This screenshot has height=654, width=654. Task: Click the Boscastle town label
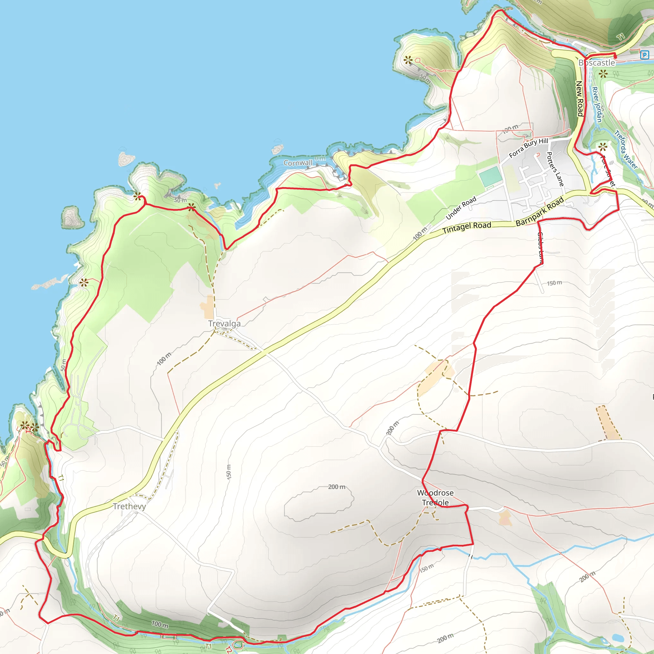(597, 63)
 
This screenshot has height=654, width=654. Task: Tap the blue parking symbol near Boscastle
(644, 55)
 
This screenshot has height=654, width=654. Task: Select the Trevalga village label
(224, 323)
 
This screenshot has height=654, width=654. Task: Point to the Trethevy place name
(129, 506)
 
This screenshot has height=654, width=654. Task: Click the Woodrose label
(435, 493)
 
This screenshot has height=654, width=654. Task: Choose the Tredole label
(435, 503)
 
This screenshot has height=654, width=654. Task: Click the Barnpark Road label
(540, 211)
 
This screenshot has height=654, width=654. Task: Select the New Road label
(579, 98)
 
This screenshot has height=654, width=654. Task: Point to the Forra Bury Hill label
(529, 148)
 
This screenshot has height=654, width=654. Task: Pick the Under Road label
(461, 208)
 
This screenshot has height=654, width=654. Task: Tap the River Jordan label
(597, 104)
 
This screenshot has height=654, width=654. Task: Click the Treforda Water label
(626, 150)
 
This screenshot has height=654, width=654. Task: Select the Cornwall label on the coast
(298, 163)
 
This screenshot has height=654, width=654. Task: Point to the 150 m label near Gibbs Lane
(554, 283)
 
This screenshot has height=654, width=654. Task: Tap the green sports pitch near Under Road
(490, 176)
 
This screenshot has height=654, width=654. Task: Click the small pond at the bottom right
(618, 638)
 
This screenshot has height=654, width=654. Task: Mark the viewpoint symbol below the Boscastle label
(603, 74)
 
